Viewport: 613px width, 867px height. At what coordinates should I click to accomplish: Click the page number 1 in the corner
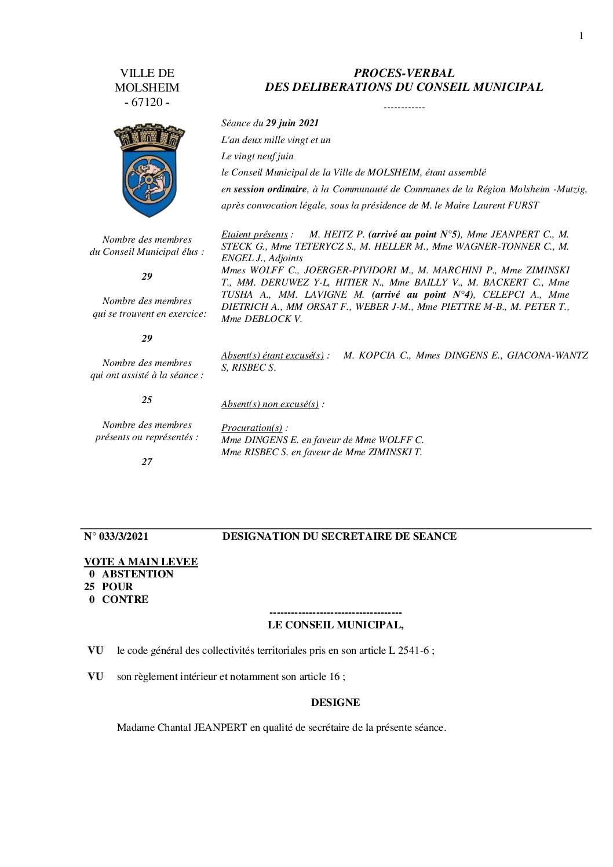pos(581,36)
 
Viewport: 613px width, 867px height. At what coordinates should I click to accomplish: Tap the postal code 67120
pos(147,103)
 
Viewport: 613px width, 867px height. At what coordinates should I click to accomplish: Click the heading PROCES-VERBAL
pos(404,73)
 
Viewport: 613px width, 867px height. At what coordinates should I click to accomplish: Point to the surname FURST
pos(523,205)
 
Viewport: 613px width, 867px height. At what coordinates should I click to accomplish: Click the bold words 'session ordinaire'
pos(270,189)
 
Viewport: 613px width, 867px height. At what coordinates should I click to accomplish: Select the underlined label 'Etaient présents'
pos(254,235)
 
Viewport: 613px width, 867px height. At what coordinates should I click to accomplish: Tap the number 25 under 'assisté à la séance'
pos(147,400)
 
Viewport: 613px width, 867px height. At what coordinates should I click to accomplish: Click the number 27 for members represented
pos(147,462)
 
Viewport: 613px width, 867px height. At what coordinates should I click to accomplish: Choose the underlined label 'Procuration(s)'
pos(251,428)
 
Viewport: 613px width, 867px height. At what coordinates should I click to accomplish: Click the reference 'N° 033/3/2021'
pos(116,536)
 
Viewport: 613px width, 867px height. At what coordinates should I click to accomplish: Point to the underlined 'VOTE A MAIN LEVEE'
pos(141,562)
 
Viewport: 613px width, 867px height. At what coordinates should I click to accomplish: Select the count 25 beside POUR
pos(90,587)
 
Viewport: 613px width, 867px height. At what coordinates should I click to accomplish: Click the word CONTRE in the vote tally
pos(125,599)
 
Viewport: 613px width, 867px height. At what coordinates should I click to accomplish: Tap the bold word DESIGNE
pos(335,703)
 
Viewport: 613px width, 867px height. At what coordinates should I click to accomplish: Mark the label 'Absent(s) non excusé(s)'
pos(269,404)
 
